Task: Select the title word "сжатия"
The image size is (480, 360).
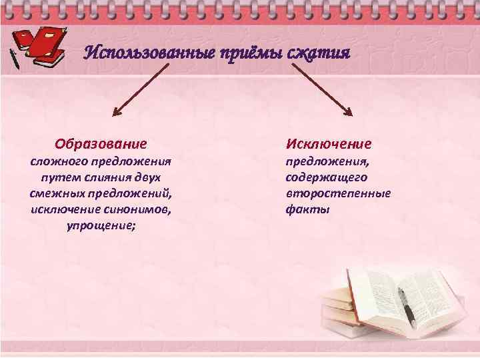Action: pyautogui.click(x=318, y=52)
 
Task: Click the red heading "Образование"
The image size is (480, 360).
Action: pyautogui.click(x=101, y=143)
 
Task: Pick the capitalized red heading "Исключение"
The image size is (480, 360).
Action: pyautogui.click(x=329, y=143)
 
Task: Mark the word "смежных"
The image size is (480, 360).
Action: pyautogui.click(x=53, y=193)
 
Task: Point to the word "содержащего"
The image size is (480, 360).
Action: pyautogui.click(x=326, y=177)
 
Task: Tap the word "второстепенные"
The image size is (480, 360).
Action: pyautogui.click(x=338, y=193)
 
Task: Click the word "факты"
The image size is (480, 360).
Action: pyautogui.click(x=307, y=209)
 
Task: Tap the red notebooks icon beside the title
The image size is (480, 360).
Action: pyautogui.click(x=45, y=47)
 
